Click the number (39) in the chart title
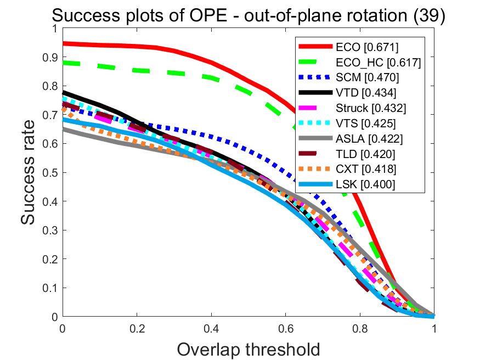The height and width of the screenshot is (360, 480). coord(430,16)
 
